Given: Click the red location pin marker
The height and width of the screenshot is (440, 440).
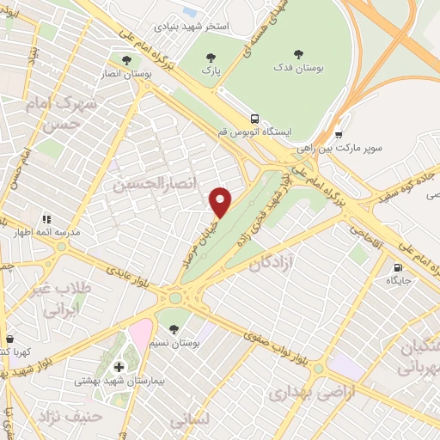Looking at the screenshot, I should (222, 201).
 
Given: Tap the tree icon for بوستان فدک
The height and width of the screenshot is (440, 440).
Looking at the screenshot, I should (299, 52).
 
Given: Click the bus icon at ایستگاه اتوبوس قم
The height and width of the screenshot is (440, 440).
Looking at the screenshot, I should (254, 119).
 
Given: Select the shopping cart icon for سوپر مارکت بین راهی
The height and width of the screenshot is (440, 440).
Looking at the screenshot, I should (339, 134).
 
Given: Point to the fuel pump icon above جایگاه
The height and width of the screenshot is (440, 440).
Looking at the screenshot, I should (398, 267).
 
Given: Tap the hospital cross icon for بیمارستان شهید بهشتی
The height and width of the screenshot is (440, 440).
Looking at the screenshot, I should (119, 368).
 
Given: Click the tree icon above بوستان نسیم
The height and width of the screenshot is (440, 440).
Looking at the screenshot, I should (174, 329).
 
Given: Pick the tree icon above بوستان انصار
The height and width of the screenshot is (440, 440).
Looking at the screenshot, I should (127, 60).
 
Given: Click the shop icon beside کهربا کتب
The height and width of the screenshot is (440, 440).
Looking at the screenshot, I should (9, 339).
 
